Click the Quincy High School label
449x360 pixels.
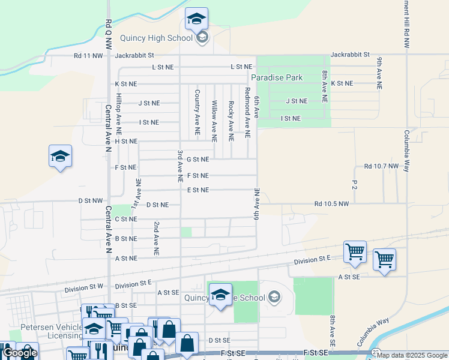pyautogui.click(x=155, y=38)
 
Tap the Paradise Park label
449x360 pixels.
pyautogui.click(x=277, y=78)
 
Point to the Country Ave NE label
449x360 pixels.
pyautogui.click(x=197, y=112)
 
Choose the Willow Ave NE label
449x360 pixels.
pyautogui.click(x=214, y=121)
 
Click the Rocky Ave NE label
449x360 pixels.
pyautogui.click(x=231, y=121)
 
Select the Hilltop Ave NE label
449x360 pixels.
pyautogui.click(x=119, y=114)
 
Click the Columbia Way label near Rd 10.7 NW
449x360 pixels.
pyautogui.click(x=406, y=151)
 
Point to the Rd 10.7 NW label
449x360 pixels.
pyautogui.click(x=381, y=166)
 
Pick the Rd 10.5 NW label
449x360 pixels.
pyautogui.click(x=331, y=204)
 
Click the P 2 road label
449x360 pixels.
pyautogui.click(x=355, y=184)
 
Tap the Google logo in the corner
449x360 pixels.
pyautogui.click(x=20, y=353)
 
